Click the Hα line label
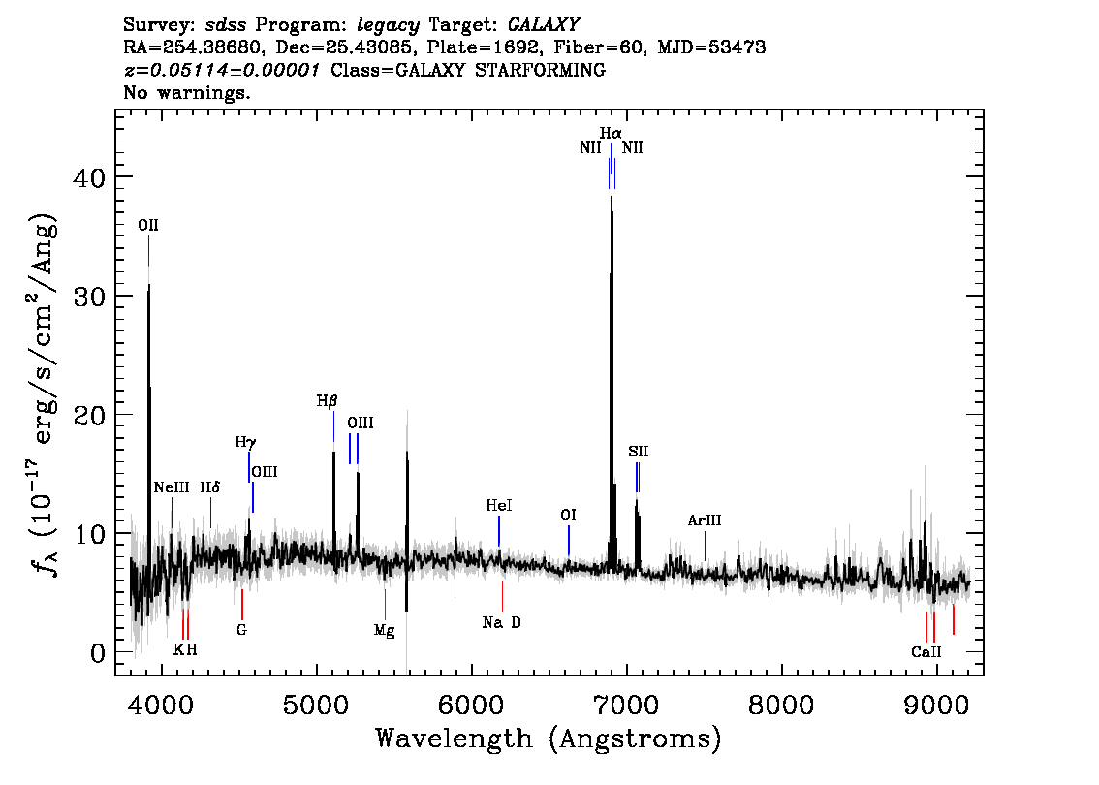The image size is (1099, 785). (x=611, y=133)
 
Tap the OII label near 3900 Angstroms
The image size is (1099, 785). (x=148, y=225)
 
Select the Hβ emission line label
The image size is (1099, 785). (x=327, y=401)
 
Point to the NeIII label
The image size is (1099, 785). (x=172, y=487)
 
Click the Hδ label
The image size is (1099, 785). (x=209, y=487)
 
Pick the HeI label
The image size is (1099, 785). (x=499, y=505)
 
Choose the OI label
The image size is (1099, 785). (x=569, y=516)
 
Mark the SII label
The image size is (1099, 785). (x=639, y=452)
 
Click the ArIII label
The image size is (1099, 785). (x=705, y=520)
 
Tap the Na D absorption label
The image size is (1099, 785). (x=502, y=622)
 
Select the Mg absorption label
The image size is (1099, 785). (x=384, y=631)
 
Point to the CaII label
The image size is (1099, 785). (x=926, y=652)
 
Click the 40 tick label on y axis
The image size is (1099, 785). (x=89, y=176)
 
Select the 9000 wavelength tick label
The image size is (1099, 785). (x=935, y=705)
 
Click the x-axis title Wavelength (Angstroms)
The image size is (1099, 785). (x=549, y=738)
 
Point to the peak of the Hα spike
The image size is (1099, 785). (x=612, y=197)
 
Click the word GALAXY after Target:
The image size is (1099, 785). (x=543, y=25)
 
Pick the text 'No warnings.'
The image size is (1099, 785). (x=186, y=92)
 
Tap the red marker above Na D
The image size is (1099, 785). (x=503, y=596)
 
